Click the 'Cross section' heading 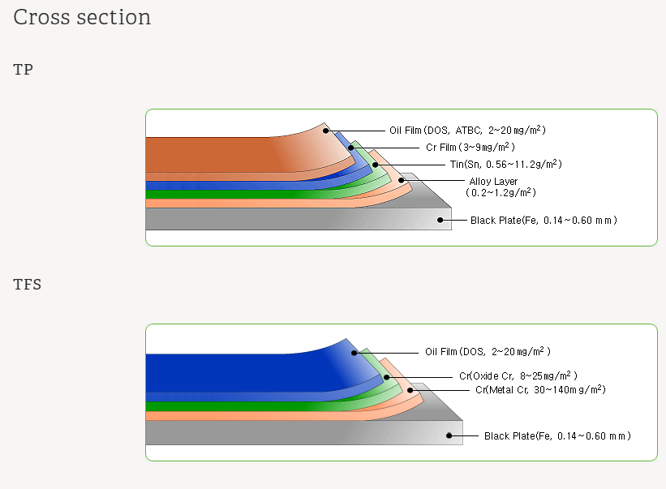82,17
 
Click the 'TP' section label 24,70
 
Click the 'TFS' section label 28,285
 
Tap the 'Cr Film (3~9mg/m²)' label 470,147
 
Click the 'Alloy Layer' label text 493,181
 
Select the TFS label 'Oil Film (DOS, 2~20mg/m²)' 488,352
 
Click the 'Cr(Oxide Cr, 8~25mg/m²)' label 518,376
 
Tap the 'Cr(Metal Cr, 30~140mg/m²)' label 540,390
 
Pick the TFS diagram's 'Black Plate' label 557,436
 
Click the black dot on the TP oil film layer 325,130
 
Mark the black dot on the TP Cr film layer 351,148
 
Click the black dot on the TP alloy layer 401,180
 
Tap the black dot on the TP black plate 440,220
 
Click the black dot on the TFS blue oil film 354,353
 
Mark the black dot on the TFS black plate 449,436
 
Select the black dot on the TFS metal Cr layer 410,390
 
